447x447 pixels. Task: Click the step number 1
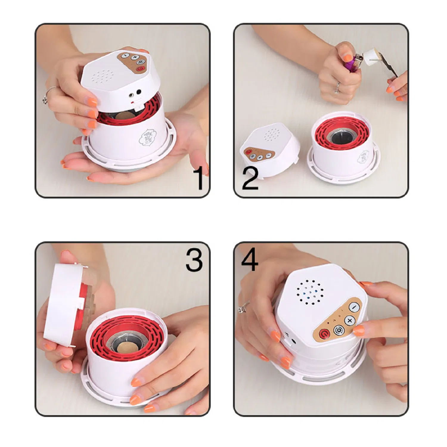pyautogui.click(x=198, y=178)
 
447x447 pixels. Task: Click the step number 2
pyautogui.click(x=250, y=178)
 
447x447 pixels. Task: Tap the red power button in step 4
pyautogui.click(x=324, y=334)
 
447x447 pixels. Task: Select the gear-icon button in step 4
pyautogui.click(x=338, y=330)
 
